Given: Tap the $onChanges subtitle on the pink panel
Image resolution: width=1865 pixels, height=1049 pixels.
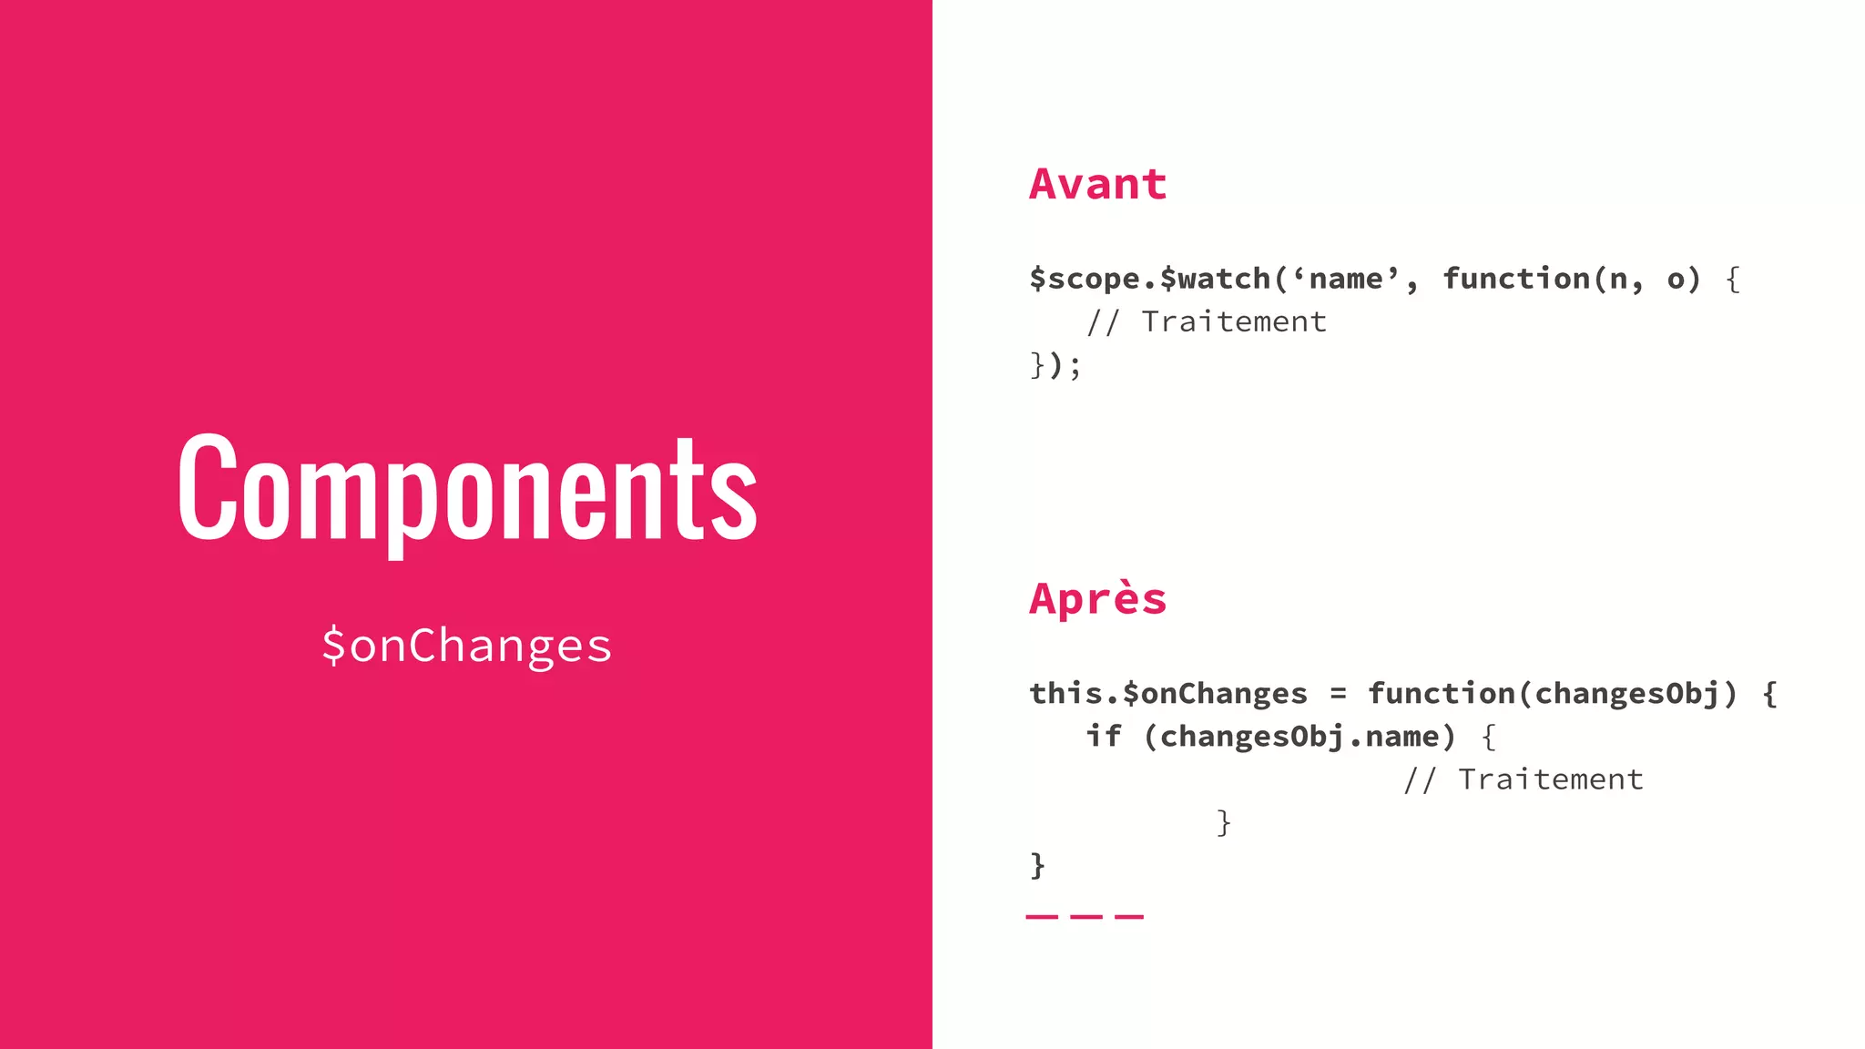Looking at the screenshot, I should (x=466, y=646).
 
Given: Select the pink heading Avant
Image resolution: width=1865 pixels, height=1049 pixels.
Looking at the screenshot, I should (x=1097, y=184).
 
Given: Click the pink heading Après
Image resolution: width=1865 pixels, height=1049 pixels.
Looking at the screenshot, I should (x=1097, y=599).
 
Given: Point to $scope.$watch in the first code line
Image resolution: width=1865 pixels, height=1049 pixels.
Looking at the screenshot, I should (x=1150, y=279).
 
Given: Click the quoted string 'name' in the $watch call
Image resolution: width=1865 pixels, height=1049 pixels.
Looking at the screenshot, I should (x=1347, y=279).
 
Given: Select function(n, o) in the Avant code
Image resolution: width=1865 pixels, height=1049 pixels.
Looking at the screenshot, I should (x=1571, y=279).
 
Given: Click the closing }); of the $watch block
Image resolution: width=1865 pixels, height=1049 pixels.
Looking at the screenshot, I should (x=1055, y=365).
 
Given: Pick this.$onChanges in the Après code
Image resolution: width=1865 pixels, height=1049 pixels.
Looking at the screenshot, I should (x=1168, y=694).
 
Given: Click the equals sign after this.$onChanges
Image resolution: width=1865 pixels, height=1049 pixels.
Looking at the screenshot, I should (x=1338, y=694).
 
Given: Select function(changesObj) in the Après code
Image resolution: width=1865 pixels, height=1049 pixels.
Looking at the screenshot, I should (x=1552, y=694).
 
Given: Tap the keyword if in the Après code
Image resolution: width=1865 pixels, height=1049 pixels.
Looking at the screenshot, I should (x=1103, y=736).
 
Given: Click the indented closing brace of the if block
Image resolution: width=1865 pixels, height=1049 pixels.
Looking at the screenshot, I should (x=1224, y=822).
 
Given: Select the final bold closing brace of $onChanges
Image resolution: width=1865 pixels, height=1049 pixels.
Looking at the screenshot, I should (x=1037, y=865).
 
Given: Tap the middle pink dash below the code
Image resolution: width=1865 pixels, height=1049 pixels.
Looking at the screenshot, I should (x=1085, y=916).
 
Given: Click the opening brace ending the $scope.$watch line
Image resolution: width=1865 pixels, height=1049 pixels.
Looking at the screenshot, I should (x=1733, y=279).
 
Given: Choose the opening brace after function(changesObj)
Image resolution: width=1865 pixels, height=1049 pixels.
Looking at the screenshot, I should (x=1769, y=694).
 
